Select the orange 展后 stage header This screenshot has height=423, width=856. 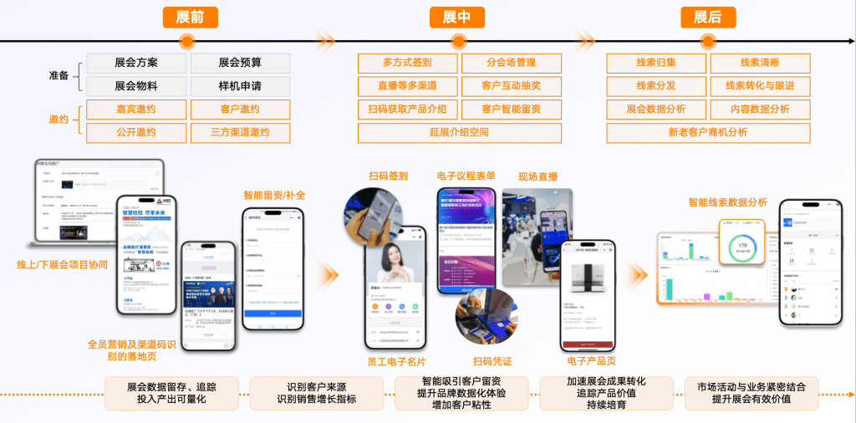point(707,17)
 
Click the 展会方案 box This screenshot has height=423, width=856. point(136,63)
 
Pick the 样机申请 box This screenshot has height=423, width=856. point(240,86)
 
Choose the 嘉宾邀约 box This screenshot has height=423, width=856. point(136,109)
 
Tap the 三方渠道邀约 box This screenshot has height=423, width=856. point(240,132)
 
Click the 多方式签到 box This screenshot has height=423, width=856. point(407,63)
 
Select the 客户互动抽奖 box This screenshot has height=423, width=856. point(511,86)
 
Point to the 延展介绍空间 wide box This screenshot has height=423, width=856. point(459,132)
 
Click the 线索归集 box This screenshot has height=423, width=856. point(656,63)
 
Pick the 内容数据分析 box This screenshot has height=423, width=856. point(760,109)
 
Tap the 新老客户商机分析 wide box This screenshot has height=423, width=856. point(708,132)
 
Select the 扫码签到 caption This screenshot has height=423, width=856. point(389,176)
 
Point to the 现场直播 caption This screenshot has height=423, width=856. point(538,176)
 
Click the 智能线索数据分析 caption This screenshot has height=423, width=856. point(727,202)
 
